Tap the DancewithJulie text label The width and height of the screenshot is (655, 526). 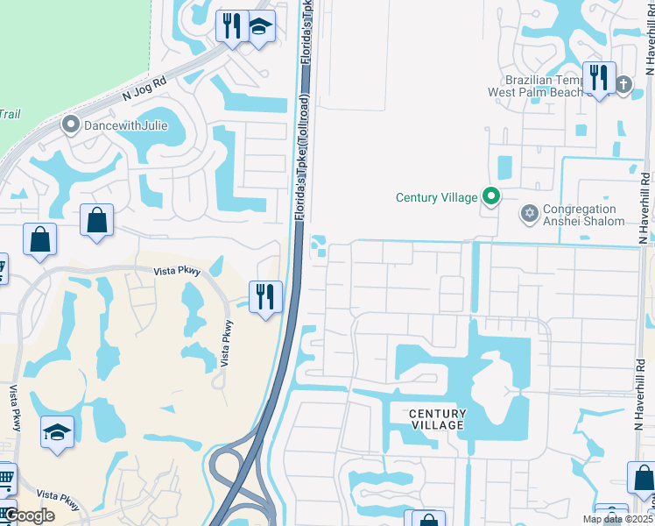point(125,125)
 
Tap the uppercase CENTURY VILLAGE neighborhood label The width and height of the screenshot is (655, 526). point(437,419)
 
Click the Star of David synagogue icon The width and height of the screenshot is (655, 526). point(528,214)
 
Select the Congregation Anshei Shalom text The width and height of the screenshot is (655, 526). point(583,215)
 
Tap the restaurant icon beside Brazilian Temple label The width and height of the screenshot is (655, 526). point(599,77)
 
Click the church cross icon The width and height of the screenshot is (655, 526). point(623,84)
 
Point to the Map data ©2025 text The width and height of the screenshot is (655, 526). point(618,519)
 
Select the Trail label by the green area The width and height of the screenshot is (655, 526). point(10,114)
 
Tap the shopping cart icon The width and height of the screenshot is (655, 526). point(6,478)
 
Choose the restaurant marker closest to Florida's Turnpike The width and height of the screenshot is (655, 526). point(264,296)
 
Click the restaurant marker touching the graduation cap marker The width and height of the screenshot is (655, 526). point(231,25)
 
